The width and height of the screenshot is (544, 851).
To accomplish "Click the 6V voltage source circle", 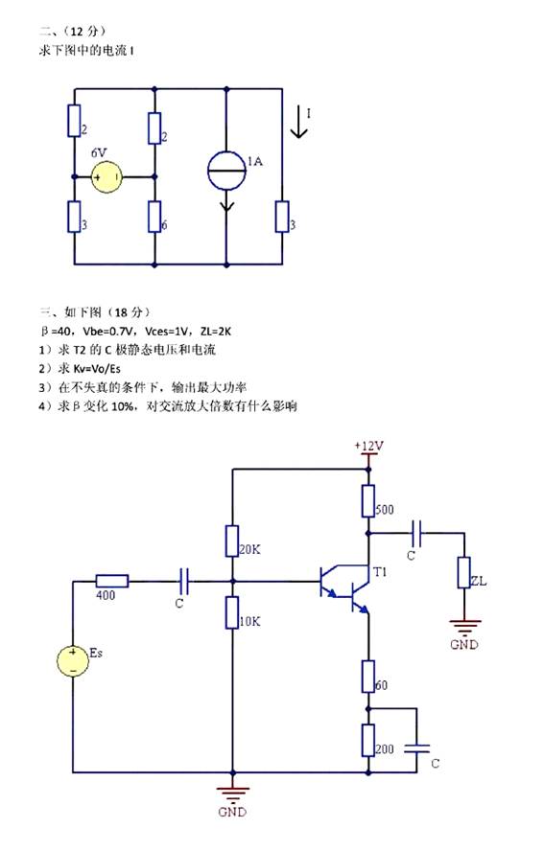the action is click(x=106, y=177).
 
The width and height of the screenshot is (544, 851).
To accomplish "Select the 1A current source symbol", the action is click(x=226, y=171).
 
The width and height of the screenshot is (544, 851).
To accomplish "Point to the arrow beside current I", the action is click(x=298, y=122).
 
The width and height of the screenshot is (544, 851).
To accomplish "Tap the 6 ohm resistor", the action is click(x=154, y=217).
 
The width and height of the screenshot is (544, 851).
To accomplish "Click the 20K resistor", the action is click(x=232, y=541).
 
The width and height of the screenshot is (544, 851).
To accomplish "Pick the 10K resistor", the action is click(x=232, y=612).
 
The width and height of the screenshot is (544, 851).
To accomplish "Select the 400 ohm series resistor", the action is click(x=112, y=582).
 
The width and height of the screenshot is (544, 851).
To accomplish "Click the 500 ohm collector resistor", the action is click(x=367, y=501).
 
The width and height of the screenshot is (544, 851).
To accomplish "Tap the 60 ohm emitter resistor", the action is click(x=367, y=677).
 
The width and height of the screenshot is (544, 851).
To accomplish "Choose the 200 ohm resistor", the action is click(x=367, y=740).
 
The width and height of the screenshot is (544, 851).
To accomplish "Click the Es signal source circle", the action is click(x=73, y=661).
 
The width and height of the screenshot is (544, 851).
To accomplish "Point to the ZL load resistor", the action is click(x=463, y=572).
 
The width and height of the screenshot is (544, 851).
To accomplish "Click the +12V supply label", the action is click(x=369, y=447).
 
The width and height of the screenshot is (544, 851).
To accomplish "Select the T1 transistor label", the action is click(x=380, y=571).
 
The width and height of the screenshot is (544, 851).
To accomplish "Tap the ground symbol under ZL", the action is click(x=464, y=627).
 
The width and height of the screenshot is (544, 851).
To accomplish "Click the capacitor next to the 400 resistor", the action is click(x=183, y=582).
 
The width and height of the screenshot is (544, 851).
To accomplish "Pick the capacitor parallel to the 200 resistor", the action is click(x=416, y=748).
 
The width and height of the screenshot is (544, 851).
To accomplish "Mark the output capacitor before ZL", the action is click(x=416, y=534).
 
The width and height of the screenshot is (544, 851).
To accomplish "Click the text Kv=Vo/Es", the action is click(x=97, y=369).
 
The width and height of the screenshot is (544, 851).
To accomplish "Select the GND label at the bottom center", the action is click(x=232, y=812).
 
